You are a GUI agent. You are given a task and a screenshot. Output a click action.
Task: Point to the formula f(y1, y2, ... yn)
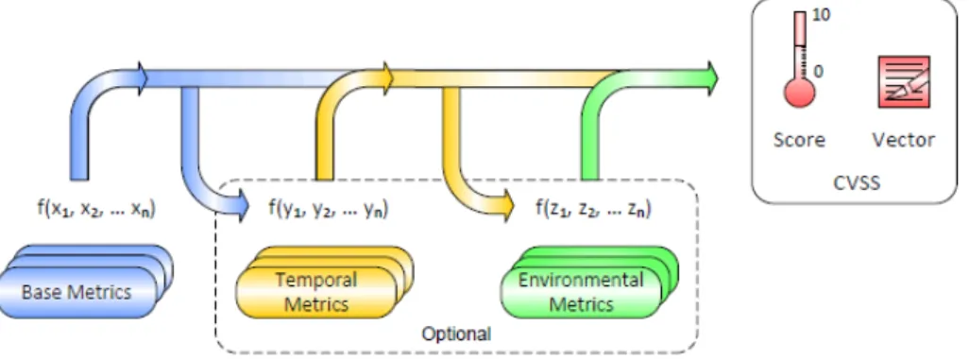pyautogui.click(x=328, y=209)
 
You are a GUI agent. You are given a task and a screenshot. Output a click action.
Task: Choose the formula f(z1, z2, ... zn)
pyautogui.click(x=593, y=209)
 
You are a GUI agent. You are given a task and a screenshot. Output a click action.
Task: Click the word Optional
pyautogui.click(x=456, y=334)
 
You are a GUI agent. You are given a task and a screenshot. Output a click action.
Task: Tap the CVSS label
pyautogui.click(x=857, y=183)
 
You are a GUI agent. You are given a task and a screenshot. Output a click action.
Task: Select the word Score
pyautogui.click(x=799, y=140)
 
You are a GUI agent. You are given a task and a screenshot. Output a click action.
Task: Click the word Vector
pyautogui.click(x=903, y=140)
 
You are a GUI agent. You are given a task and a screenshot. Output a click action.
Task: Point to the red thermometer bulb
pyautogui.click(x=799, y=93)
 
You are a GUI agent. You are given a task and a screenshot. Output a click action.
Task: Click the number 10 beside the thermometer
pyautogui.click(x=822, y=16)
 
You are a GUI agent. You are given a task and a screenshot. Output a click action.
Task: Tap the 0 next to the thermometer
pyautogui.click(x=818, y=72)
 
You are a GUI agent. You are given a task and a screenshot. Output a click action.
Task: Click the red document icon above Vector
pyautogui.click(x=904, y=81)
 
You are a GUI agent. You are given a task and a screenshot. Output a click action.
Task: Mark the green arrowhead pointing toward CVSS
pyautogui.click(x=710, y=78)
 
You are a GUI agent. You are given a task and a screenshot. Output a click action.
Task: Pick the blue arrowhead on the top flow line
pyautogui.click(x=142, y=78)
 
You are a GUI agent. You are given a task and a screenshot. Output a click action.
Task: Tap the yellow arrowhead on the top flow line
pyautogui.click(x=387, y=78)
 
